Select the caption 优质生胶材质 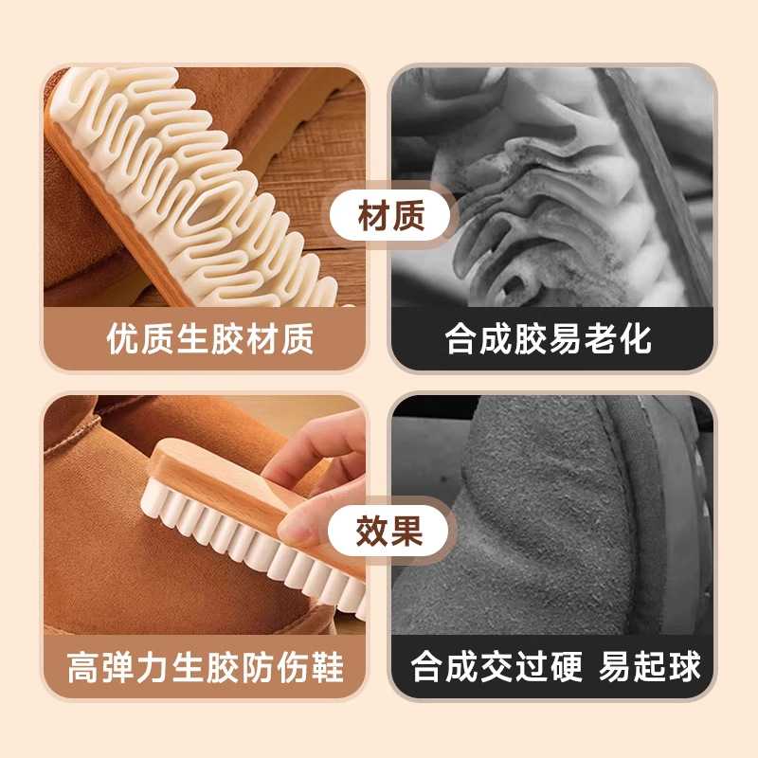tap(210, 339)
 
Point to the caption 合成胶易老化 tap(549, 339)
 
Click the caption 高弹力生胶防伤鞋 tap(206, 666)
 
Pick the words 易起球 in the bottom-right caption tap(650, 666)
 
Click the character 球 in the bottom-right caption tap(684, 666)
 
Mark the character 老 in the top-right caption tap(592, 339)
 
